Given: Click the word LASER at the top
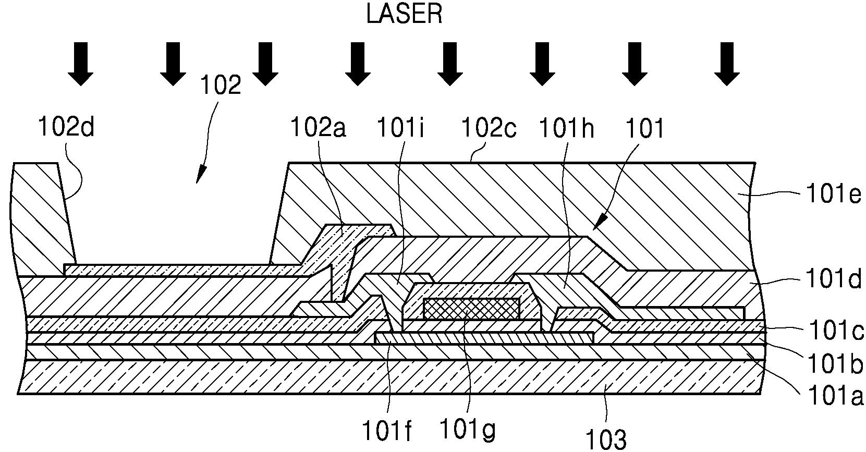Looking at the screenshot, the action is coord(404,14).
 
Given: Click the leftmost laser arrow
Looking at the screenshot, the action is coord(81,64).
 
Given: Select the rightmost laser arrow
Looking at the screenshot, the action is coord(727,64).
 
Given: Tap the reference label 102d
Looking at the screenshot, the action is coord(66,127).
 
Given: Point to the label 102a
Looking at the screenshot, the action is coord(319,127).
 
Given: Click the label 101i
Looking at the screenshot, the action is coord(401,127).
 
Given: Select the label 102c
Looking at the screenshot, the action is coord(488,127).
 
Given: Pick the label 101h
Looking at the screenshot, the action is coord(566,127).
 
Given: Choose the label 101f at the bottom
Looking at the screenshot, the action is coord(387,431).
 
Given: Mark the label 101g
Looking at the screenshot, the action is coord(467,430).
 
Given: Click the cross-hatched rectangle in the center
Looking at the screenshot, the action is coord(472,309).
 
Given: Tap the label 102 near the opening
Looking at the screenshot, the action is coord(221,85).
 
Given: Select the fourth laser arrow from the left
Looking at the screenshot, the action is coord(358,64).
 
